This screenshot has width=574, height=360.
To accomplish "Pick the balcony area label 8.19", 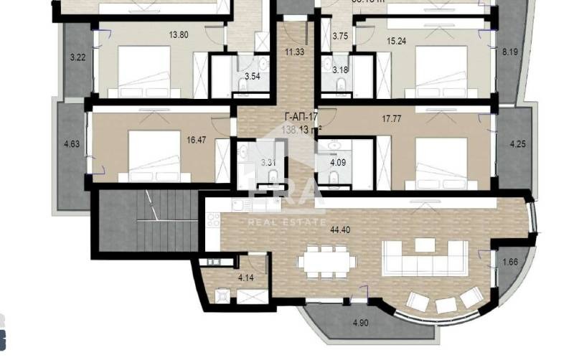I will point(510,52).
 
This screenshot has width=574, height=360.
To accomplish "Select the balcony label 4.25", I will point(517,144).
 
